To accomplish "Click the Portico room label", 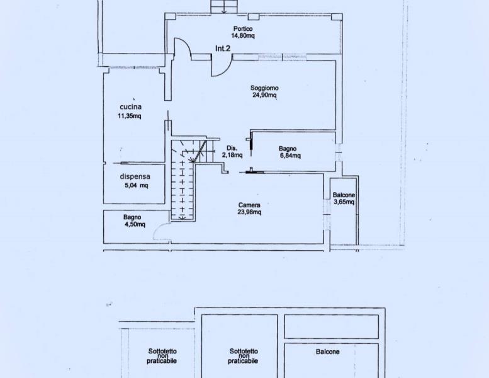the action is click(x=243, y=29).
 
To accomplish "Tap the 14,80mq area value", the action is click(x=243, y=35).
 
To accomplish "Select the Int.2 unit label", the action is click(x=223, y=49).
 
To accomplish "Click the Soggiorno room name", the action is click(x=264, y=88).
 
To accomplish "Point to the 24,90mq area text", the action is click(x=264, y=95).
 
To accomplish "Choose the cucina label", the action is click(x=131, y=106).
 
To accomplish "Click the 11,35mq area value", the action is click(x=130, y=116).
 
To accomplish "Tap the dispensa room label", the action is click(x=135, y=176).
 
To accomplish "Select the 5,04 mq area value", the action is click(x=137, y=185).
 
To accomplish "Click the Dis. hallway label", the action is click(x=232, y=148).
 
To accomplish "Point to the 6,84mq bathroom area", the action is click(x=290, y=156).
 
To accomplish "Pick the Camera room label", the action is click(x=249, y=205).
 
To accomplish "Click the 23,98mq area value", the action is click(x=249, y=212).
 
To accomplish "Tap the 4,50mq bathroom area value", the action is click(x=135, y=224).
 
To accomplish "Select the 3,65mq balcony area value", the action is click(x=344, y=202).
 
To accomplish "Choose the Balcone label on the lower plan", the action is click(x=327, y=352).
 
